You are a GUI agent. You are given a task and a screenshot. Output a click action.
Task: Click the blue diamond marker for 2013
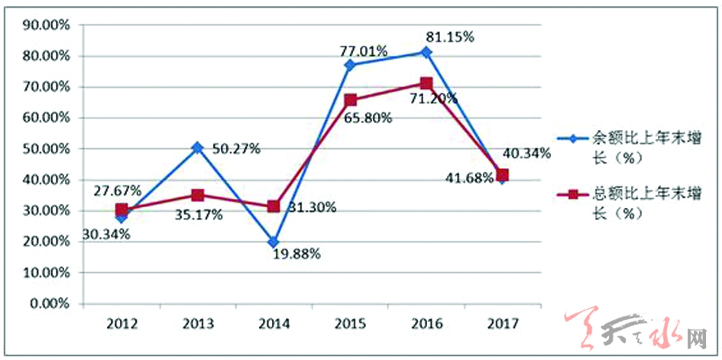(197, 148)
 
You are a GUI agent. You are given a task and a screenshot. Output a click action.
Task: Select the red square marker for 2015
(350, 99)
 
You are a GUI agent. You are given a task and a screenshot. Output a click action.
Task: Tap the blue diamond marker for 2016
(426, 52)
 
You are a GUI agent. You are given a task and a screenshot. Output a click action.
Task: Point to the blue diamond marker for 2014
(274, 242)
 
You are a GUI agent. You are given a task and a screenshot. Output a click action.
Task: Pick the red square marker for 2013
(197, 195)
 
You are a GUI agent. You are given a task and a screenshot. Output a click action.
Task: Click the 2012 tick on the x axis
(121, 323)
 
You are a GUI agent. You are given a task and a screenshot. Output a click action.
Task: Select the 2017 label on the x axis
(502, 323)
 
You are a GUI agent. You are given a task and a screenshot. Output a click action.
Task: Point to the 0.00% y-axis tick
(50, 303)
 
